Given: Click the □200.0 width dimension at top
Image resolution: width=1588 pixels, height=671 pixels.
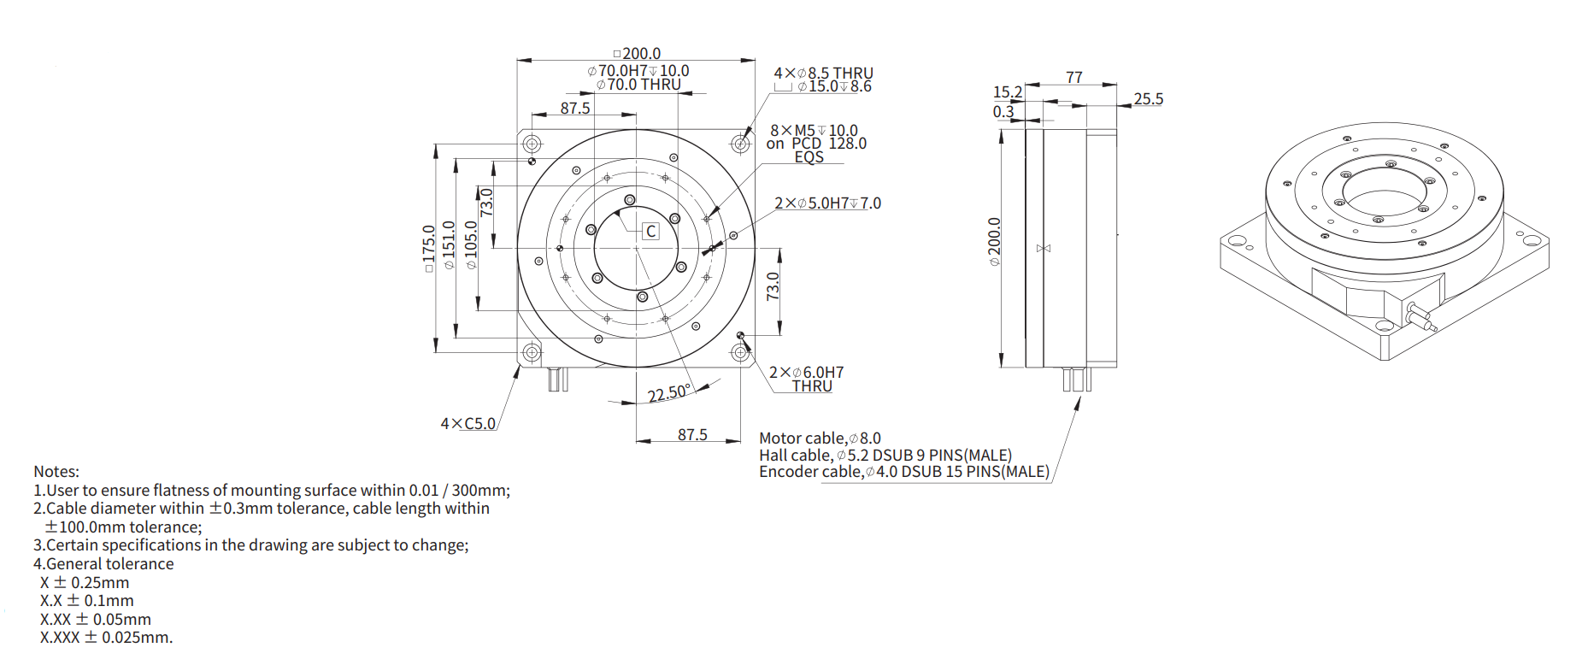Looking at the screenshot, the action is [x=637, y=53].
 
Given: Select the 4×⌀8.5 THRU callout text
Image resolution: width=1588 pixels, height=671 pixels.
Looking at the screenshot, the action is [x=823, y=73].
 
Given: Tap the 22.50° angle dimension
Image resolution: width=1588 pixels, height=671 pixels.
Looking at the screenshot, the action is [x=668, y=393].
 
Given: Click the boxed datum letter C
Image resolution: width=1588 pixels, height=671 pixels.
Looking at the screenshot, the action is [x=651, y=232].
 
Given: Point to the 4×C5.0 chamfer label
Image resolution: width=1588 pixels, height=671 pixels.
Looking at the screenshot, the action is [x=468, y=423].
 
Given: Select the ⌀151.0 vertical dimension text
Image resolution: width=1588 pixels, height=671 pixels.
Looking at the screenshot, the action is [x=449, y=245].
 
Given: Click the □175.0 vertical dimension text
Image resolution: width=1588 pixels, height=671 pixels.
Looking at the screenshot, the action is [x=429, y=249].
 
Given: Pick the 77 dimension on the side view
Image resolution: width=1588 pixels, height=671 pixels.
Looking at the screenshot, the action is [x=1074, y=77].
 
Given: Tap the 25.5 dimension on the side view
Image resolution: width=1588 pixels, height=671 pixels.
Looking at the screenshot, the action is [x=1149, y=99].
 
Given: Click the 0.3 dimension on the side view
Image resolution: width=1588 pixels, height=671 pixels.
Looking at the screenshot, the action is [x=1003, y=112].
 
